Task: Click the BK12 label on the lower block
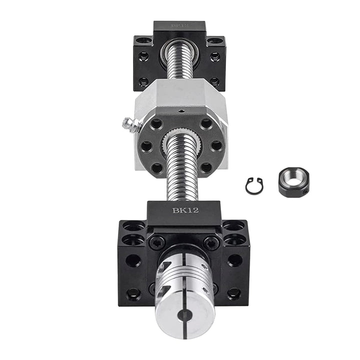(185, 210)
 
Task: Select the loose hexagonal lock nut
(293, 182)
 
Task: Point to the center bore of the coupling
(185, 314)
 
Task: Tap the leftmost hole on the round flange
(146, 146)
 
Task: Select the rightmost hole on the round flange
(216, 145)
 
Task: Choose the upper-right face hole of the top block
(215, 56)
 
